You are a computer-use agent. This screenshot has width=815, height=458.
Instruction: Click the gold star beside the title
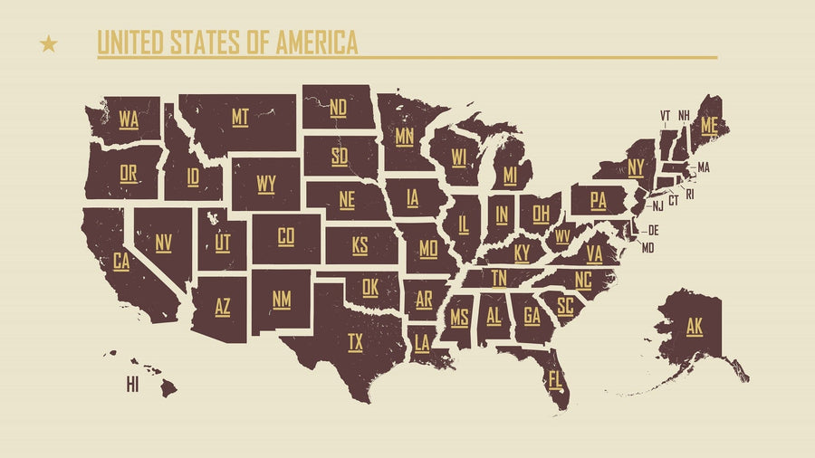point(49,43)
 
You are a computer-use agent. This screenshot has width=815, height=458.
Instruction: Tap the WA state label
point(129,119)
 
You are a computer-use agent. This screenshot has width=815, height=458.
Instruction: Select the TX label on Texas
point(356,341)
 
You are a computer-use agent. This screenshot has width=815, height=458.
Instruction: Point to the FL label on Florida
point(555,377)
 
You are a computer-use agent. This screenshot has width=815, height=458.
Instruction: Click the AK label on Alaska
point(695,326)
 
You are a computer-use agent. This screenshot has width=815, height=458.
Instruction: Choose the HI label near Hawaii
point(132,386)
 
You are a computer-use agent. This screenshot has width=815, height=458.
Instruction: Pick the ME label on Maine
point(708,126)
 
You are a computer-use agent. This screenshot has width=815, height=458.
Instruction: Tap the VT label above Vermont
point(666,115)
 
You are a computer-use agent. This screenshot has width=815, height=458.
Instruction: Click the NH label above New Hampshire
point(684,115)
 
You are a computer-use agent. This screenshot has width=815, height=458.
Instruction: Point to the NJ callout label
point(658,206)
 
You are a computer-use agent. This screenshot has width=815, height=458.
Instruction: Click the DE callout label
point(653,230)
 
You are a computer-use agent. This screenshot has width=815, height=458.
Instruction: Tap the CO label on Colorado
point(286,236)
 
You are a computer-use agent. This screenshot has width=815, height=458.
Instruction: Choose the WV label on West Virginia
point(562,236)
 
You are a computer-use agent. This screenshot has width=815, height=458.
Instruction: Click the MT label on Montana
point(240,117)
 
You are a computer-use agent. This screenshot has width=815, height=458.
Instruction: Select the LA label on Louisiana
point(422,342)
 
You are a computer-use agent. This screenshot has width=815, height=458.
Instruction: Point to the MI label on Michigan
point(511,174)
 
